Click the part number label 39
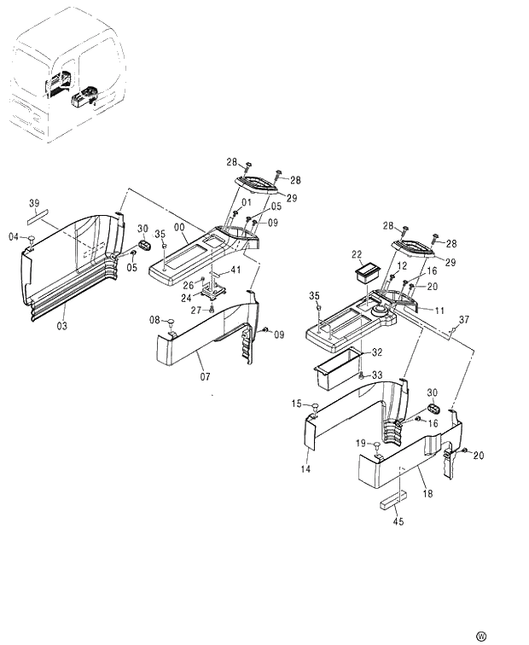tap(34, 203)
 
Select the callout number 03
tap(62, 327)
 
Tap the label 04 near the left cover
tap(14, 236)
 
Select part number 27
tap(195, 310)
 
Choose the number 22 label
tap(357, 253)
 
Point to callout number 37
tap(464, 320)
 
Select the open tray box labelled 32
tap(339, 366)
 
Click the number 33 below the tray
tap(378, 375)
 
